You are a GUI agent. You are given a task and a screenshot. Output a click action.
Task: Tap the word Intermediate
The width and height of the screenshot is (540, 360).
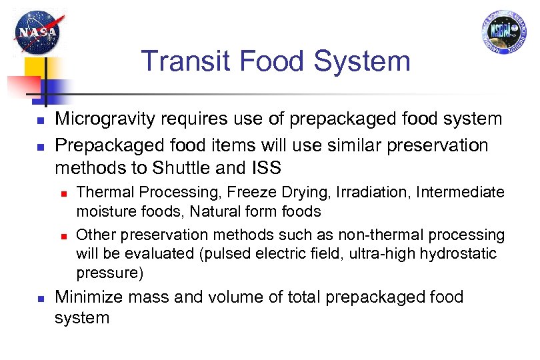461,193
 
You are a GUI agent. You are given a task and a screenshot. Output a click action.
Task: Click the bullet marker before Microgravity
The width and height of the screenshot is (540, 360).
40,121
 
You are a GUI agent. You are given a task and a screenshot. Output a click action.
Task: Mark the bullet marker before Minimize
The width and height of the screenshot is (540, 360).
40,298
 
